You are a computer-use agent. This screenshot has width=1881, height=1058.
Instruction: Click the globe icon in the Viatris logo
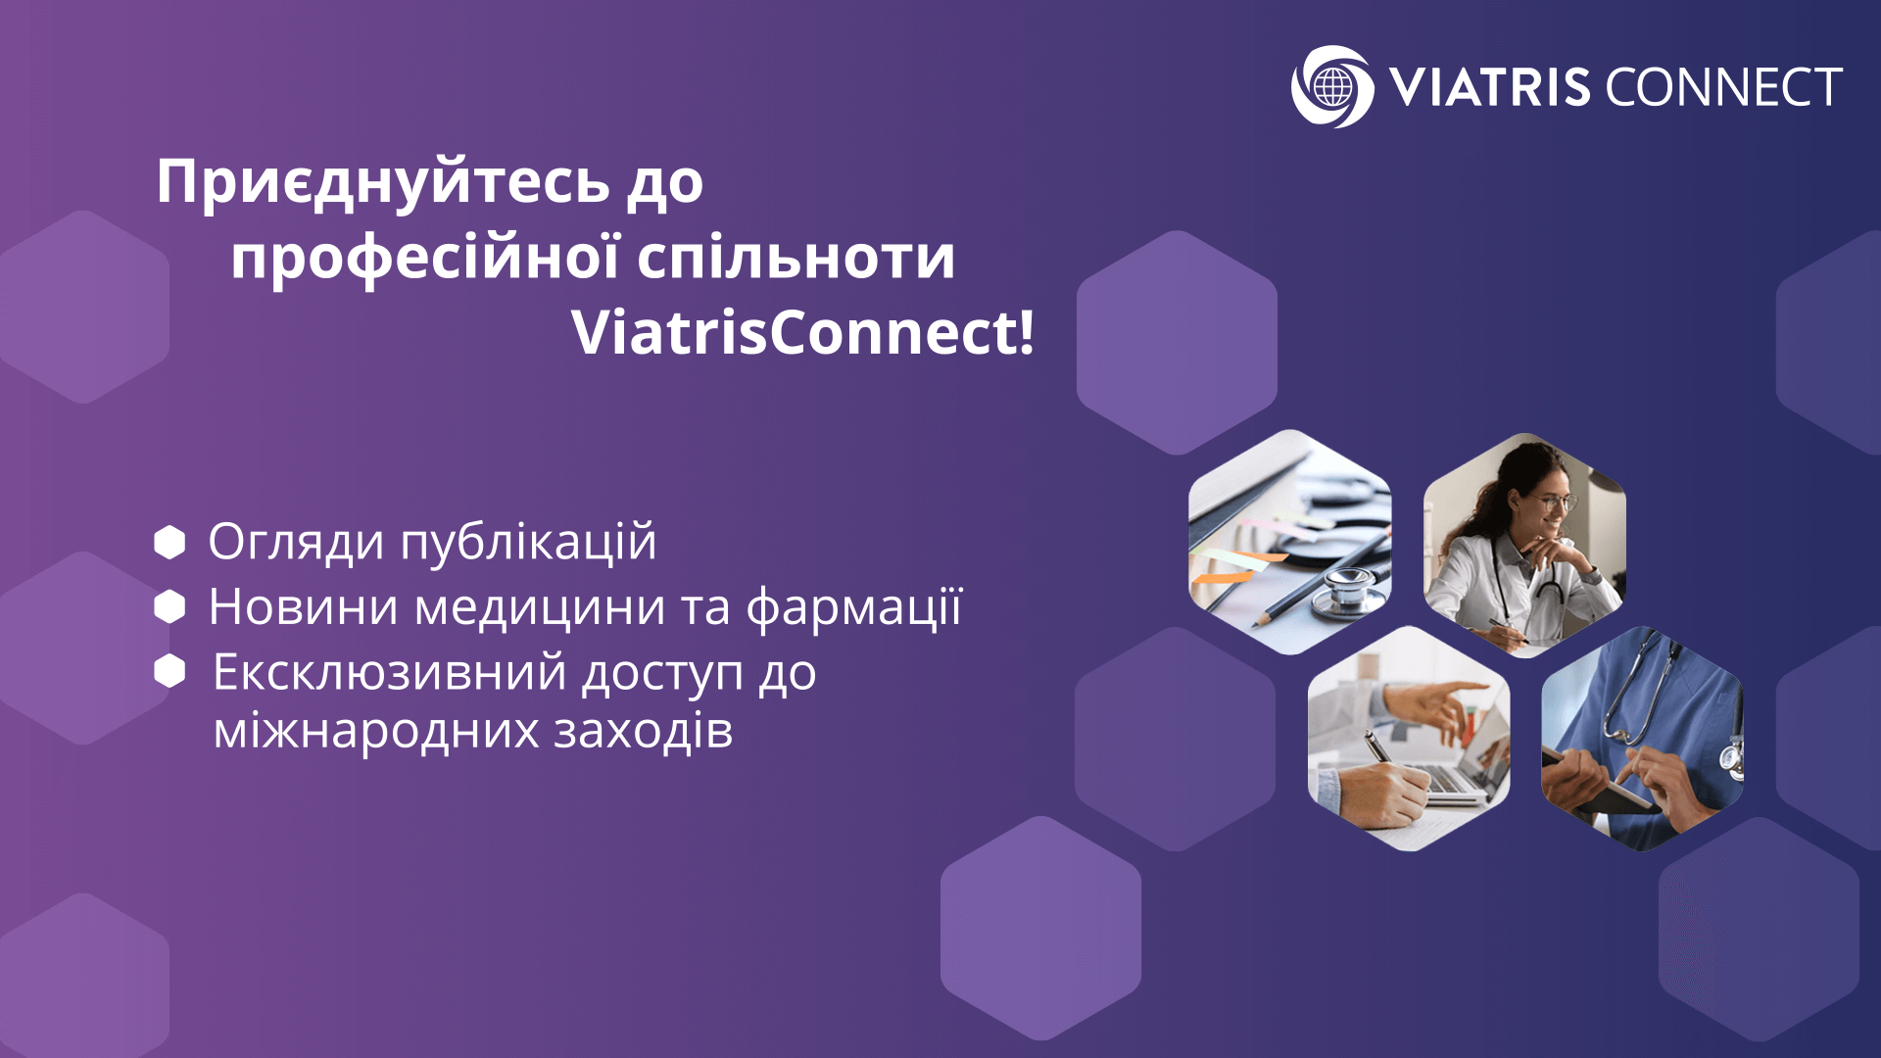(x=1332, y=87)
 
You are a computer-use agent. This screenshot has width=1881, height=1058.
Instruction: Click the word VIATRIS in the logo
(x=1489, y=87)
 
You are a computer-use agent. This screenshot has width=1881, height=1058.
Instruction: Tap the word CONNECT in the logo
(x=1723, y=87)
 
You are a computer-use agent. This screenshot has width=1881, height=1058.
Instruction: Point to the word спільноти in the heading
(x=796, y=259)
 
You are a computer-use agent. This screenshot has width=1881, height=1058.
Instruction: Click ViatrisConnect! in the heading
(x=802, y=333)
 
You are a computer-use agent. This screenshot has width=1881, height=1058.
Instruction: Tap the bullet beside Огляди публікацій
(x=169, y=542)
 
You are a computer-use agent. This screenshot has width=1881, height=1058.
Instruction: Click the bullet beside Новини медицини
(x=169, y=606)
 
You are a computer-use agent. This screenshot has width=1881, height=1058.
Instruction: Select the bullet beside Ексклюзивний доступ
(x=169, y=671)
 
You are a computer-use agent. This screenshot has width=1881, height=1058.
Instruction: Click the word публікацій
(x=528, y=543)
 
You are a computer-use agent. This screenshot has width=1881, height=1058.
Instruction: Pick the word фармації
(x=854, y=607)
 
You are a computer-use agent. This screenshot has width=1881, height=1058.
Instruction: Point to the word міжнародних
(x=376, y=730)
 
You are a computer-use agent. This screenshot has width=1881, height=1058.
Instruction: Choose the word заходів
(x=643, y=730)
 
